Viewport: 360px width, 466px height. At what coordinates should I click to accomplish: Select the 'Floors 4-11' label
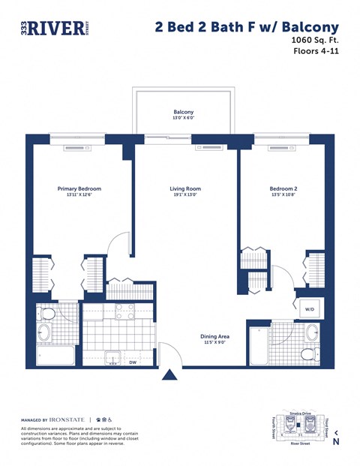[x=318, y=52]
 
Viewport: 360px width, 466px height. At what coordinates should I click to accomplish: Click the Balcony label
[x=184, y=113]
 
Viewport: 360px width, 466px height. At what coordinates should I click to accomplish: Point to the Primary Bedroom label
[x=79, y=189]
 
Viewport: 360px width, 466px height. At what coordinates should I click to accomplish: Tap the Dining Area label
[x=214, y=336]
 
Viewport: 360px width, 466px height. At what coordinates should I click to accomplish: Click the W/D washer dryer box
[x=310, y=308]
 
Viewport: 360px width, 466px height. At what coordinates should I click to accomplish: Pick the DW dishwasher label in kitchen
[x=132, y=362]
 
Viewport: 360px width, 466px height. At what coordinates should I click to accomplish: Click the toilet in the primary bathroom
[x=47, y=314]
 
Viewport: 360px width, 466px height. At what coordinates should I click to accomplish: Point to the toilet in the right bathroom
[x=307, y=353]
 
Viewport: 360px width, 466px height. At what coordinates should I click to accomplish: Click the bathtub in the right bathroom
[x=259, y=346]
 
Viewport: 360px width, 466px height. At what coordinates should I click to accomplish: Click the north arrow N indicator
[x=336, y=437]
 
